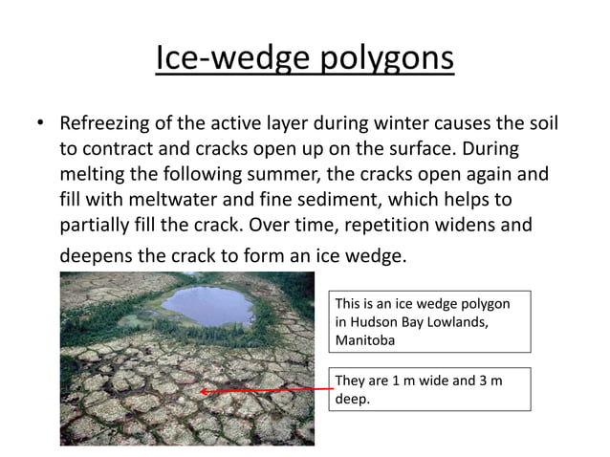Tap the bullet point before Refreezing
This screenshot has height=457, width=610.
pyautogui.click(x=40, y=125)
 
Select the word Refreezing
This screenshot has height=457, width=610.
pyautogui.click(x=106, y=126)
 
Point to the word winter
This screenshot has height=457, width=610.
pyautogui.click(x=388, y=126)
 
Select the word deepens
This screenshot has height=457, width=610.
pyautogui.click(x=98, y=256)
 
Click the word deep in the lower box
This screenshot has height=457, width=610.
pyautogui.click(x=351, y=398)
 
